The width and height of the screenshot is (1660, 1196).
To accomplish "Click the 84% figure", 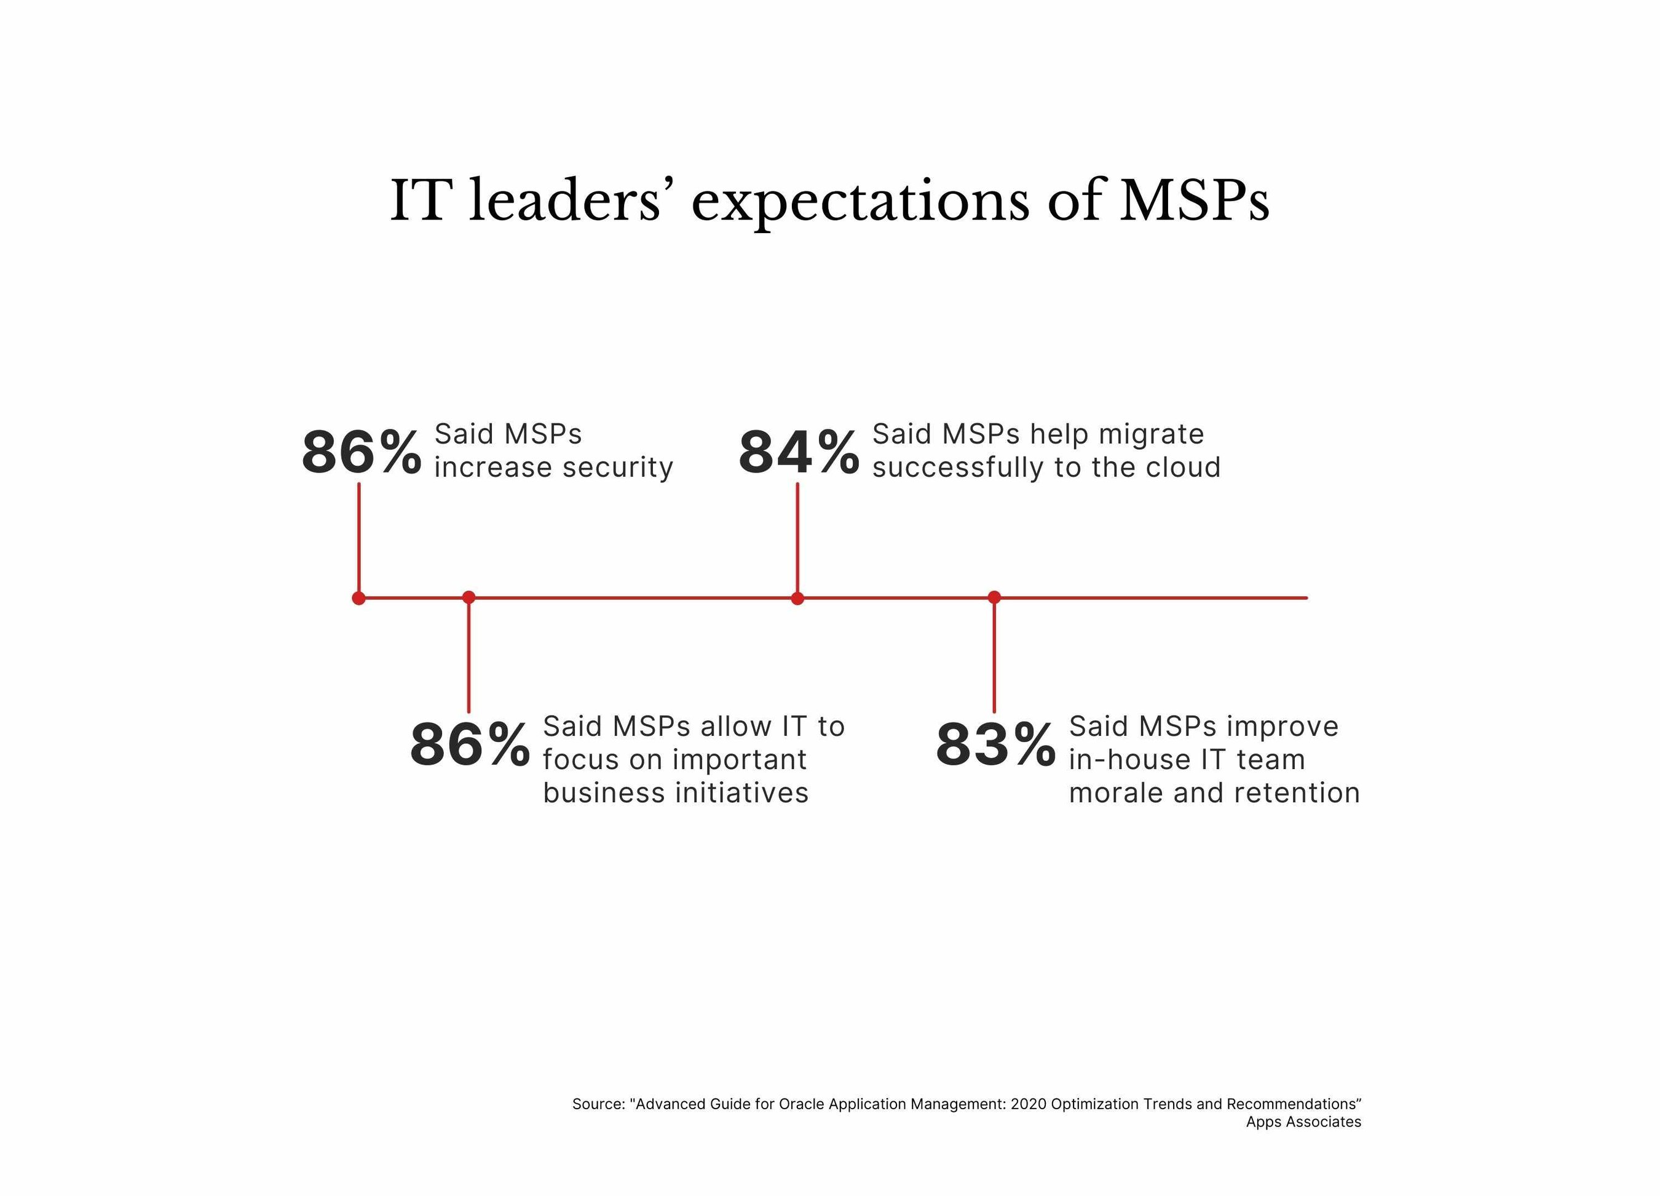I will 799,453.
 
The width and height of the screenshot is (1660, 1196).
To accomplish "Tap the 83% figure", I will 995,745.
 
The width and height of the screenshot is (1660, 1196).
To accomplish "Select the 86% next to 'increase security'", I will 362,453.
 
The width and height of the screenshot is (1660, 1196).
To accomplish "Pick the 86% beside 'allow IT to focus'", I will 470,745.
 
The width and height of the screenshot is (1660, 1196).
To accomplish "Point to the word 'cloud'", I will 1183,468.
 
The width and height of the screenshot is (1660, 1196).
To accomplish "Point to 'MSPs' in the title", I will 1194,200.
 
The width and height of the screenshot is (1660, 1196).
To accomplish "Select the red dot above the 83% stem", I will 994,597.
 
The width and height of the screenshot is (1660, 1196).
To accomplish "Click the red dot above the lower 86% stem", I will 469,597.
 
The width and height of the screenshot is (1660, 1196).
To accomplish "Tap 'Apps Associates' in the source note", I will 1303,1122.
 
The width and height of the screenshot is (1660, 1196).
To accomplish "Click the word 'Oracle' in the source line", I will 800,1104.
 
